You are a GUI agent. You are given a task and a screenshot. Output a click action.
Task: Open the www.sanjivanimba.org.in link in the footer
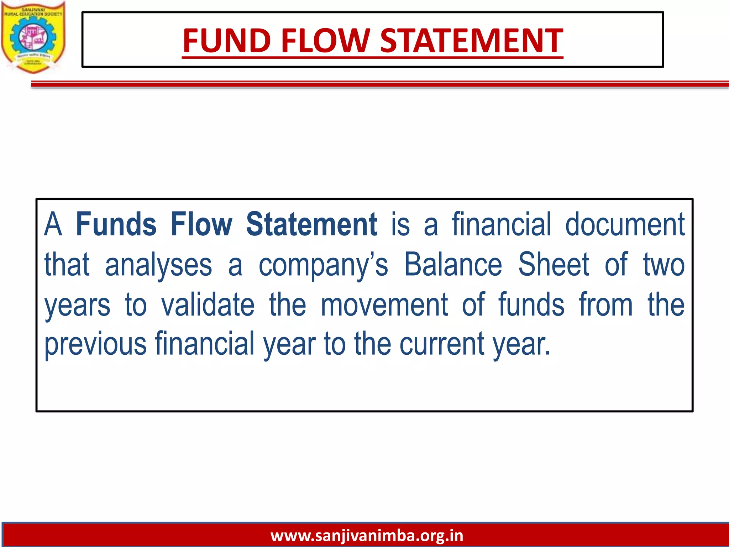(367, 535)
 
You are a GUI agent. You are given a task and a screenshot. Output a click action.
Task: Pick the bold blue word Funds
(116, 224)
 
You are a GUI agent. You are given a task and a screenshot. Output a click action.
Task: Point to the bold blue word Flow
(201, 224)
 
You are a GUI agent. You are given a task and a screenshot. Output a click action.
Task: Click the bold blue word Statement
(311, 224)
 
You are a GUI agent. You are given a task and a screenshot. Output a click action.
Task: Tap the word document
(625, 224)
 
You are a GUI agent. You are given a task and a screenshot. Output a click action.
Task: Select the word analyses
(158, 265)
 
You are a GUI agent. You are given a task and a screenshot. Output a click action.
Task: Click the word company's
(323, 265)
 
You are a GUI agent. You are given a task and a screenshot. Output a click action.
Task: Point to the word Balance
(453, 264)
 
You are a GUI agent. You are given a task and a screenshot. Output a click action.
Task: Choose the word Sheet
(554, 264)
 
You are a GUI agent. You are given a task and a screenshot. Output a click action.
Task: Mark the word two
(664, 265)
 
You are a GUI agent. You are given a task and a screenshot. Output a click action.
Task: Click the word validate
(208, 304)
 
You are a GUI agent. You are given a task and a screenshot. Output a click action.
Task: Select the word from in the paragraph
(606, 304)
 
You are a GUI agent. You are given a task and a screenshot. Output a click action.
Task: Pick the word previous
(95, 344)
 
